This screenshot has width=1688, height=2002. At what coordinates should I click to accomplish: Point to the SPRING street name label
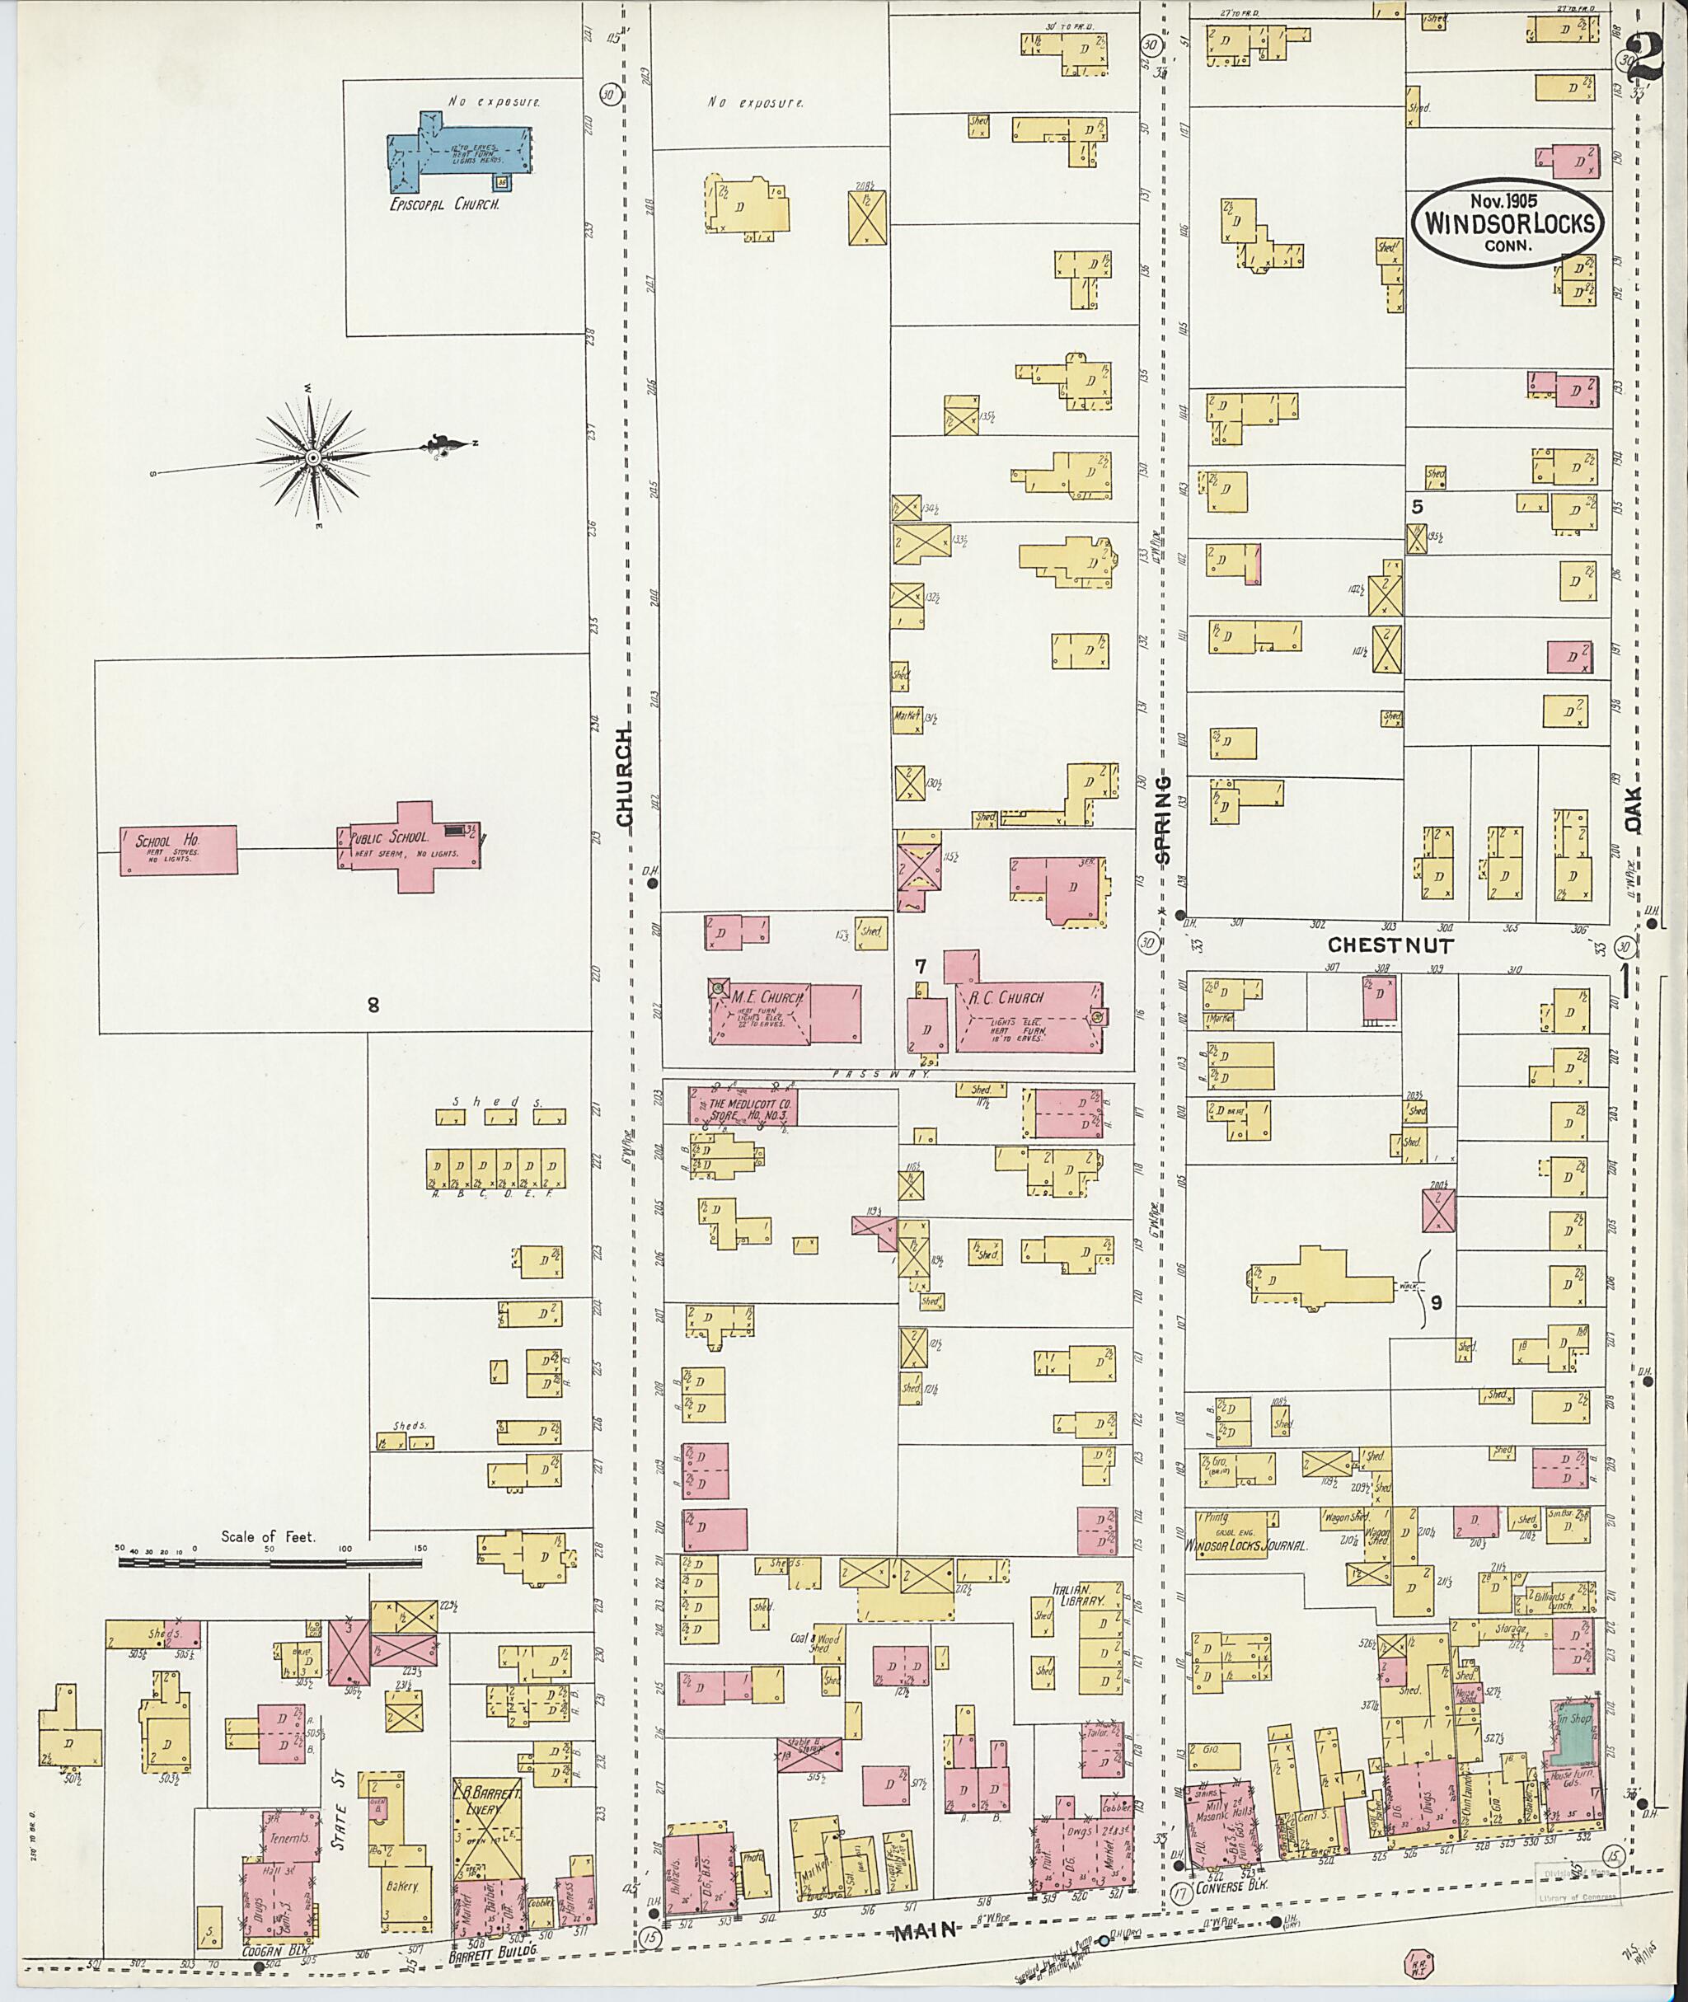[x=1163, y=820]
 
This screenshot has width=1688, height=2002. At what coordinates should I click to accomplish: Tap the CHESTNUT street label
[x=1390, y=945]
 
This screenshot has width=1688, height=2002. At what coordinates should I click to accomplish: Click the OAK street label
[x=1633, y=809]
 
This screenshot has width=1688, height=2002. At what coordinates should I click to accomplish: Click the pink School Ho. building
[x=178, y=850]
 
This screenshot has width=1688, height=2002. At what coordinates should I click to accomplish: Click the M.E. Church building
[x=785, y=1012]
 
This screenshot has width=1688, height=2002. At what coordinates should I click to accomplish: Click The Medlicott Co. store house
[x=743, y=1106]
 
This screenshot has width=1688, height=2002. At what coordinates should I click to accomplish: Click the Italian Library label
[x=1078, y=1594]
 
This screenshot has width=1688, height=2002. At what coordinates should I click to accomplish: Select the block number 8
[x=373, y=1004]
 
